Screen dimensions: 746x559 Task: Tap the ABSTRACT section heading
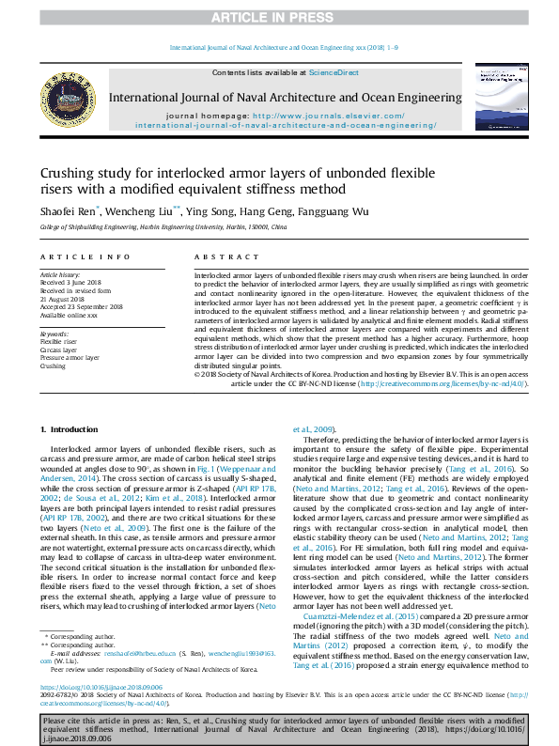pos(219,256)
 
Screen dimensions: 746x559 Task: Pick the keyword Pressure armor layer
pos(70,358)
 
